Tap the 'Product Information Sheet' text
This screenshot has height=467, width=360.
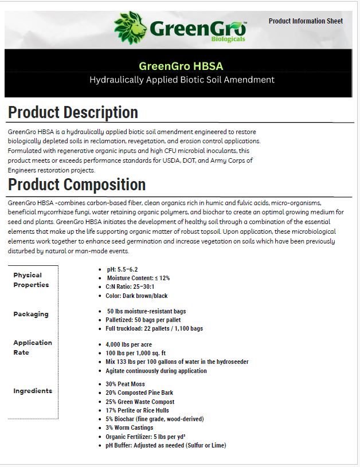[306, 21]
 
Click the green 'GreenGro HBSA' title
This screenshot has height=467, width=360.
[181, 66]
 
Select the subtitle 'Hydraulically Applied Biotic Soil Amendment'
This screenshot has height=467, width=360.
[182, 80]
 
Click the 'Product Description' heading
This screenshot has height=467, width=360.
[73, 112]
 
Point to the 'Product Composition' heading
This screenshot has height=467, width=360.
[77, 185]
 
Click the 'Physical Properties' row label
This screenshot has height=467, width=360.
[31, 280]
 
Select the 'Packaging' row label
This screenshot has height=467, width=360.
[31, 314]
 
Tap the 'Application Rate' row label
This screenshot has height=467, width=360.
[33, 347]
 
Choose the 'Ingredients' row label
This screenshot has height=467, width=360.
[33, 391]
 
